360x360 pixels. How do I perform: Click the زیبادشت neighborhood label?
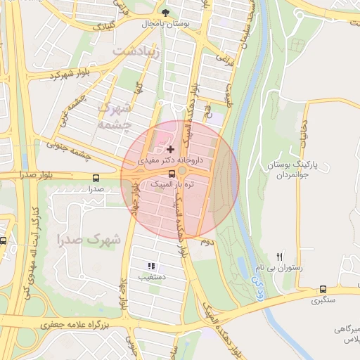[136, 52]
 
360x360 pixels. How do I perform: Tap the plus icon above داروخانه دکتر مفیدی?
[170, 149]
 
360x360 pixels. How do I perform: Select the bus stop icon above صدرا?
[96, 177]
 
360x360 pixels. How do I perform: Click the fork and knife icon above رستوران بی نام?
[280, 257]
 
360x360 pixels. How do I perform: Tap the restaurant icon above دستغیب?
[150, 266]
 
